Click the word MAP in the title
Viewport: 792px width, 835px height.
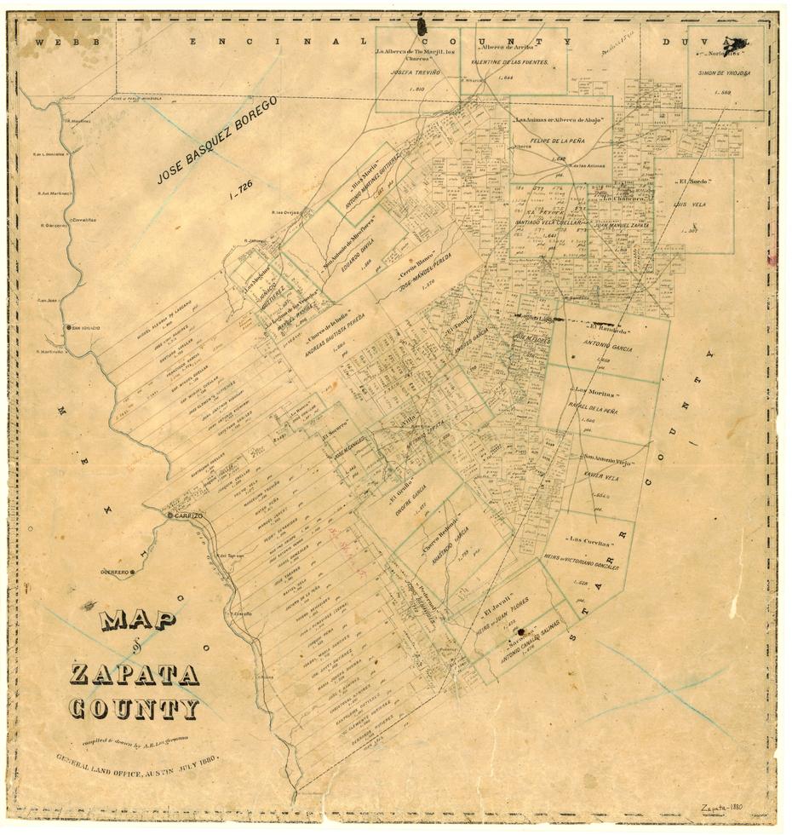137,620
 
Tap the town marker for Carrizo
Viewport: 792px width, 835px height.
170,516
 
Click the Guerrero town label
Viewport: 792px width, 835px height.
114,572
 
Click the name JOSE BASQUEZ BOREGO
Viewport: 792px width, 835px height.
217,141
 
